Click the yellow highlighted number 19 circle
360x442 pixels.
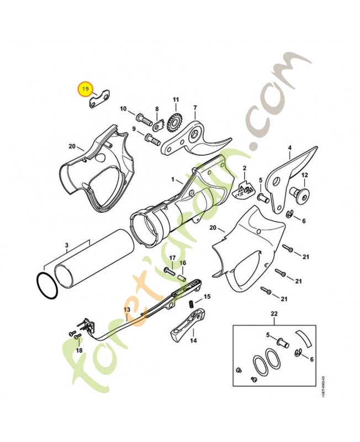(x=85, y=88)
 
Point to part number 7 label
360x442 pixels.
(x=195, y=107)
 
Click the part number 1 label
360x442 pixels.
(x=172, y=180)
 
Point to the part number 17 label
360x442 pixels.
(x=172, y=258)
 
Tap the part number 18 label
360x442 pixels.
(x=79, y=350)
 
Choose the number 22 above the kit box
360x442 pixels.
(x=273, y=314)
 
